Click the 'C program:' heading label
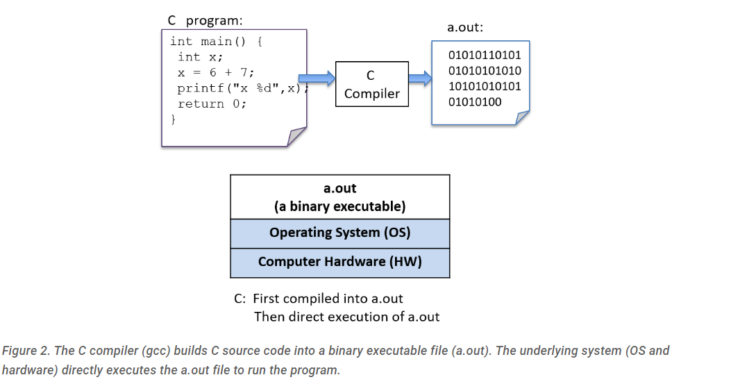point(205,20)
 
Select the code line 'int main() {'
point(215,41)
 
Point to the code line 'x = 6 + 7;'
point(215,72)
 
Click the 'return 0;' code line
point(212,103)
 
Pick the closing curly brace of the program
point(174,119)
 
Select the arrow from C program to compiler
point(317,78)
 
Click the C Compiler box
point(371,84)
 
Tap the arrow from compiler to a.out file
point(419,78)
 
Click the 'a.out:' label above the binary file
point(465,28)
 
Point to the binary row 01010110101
point(485,55)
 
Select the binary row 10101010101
point(485,87)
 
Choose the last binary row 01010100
point(475,103)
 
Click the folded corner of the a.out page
point(522,117)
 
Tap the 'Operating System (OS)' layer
point(339,233)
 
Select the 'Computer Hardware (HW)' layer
point(339,262)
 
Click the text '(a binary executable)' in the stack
point(339,206)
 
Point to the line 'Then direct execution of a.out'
point(346,317)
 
